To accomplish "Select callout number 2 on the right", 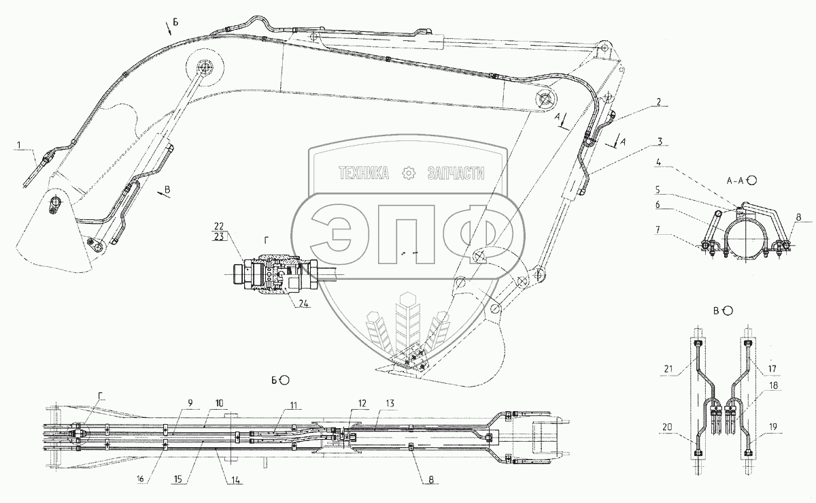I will point(658,101).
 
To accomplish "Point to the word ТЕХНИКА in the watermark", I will point(364,174).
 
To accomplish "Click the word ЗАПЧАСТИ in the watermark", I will point(455,174).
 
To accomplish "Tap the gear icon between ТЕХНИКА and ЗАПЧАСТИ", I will point(409,174).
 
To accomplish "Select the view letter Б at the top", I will point(175,23).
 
